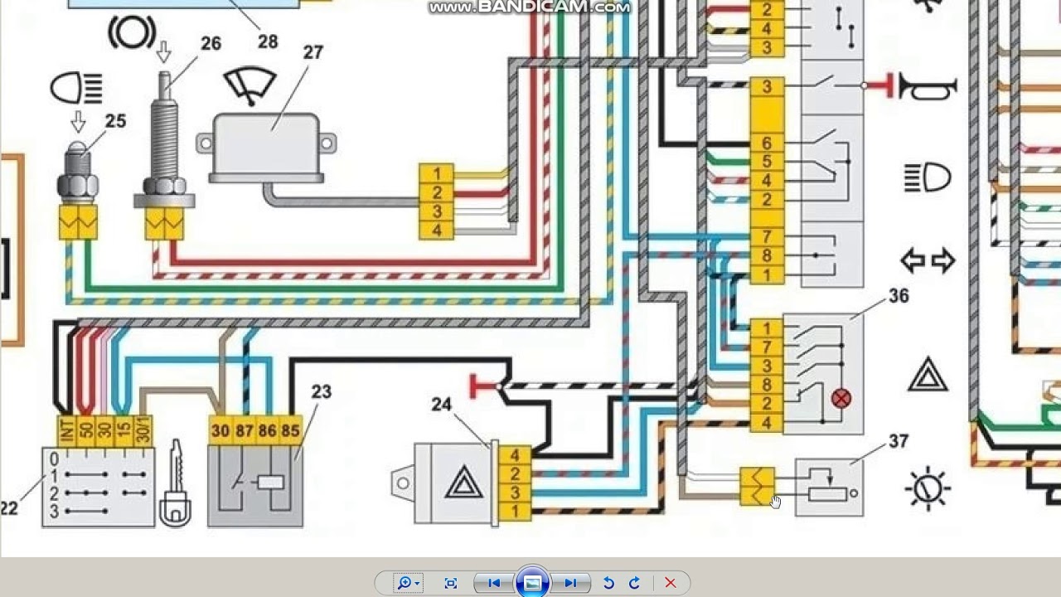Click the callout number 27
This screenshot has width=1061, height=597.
pyautogui.click(x=313, y=52)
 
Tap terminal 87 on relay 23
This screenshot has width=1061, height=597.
pyautogui.click(x=245, y=430)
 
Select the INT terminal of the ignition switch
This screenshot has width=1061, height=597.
pyautogui.click(x=67, y=430)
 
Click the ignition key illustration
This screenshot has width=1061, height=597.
pyautogui.click(x=176, y=483)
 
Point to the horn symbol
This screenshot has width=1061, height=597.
pyautogui.click(x=928, y=86)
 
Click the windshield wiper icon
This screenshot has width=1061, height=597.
pyautogui.click(x=250, y=85)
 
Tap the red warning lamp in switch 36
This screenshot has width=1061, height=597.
pyautogui.click(x=841, y=399)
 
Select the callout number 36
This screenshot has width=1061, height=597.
pyautogui.click(x=899, y=296)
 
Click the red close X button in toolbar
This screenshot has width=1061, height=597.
pyautogui.click(x=671, y=583)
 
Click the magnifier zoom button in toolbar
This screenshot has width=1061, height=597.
pyautogui.click(x=407, y=583)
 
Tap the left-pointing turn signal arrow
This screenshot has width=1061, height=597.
pyautogui.click(x=913, y=260)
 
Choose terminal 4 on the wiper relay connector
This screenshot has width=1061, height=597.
pyautogui.click(x=437, y=231)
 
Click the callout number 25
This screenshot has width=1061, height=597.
pyautogui.click(x=115, y=121)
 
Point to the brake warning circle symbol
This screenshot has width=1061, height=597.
pyautogui.click(x=132, y=32)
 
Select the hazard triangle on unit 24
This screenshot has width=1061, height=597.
pyautogui.click(x=464, y=483)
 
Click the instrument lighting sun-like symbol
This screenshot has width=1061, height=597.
pyautogui.click(x=928, y=488)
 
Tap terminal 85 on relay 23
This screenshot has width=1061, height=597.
pyautogui.click(x=290, y=430)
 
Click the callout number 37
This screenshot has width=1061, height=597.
pyautogui.click(x=899, y=442)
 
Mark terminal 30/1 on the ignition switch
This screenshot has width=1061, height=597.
pyautogui.click(x=143, y=430)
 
